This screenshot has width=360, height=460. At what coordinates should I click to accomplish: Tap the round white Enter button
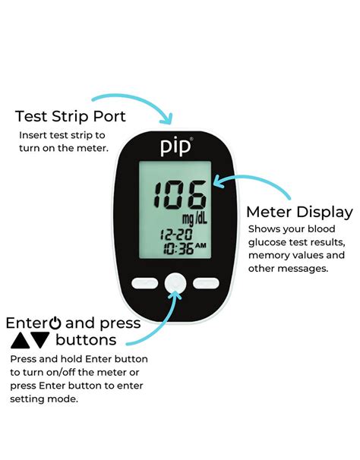click(175, 283)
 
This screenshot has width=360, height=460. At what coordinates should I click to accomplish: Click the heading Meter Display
click(299, 212)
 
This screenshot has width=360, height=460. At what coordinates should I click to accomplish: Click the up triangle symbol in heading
click(20, 340)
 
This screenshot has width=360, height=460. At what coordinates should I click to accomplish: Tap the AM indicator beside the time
click(201, 246)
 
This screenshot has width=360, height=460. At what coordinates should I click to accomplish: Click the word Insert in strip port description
click(33, 134)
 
